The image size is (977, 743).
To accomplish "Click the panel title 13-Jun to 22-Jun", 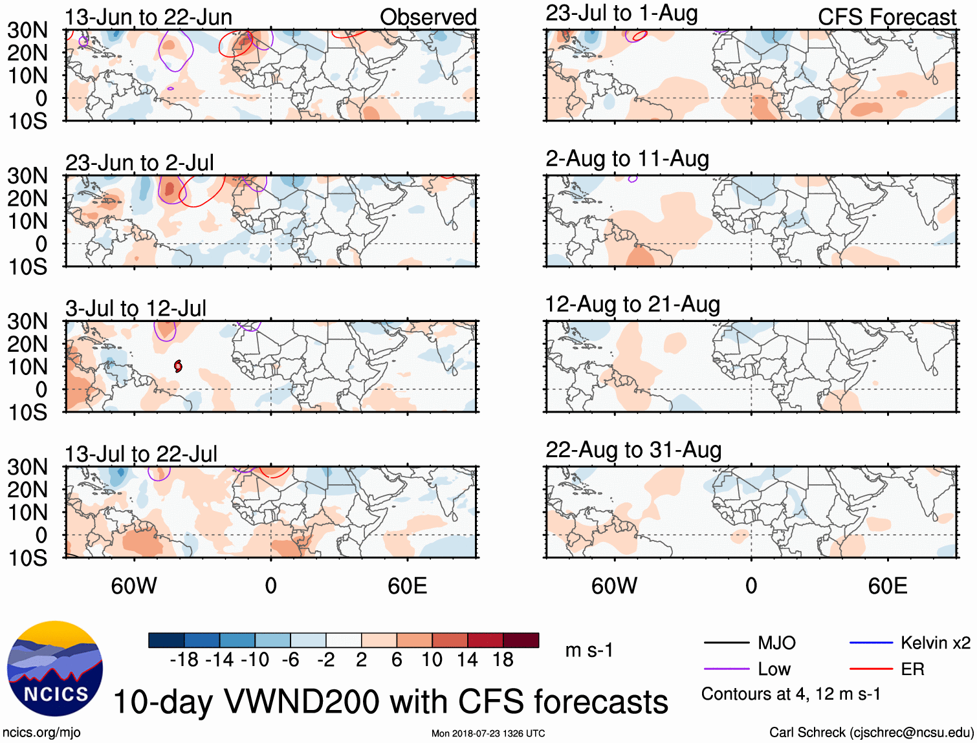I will tap(148, 17).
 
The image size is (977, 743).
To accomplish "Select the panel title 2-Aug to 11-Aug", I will tap(627, 159).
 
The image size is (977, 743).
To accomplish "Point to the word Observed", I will tap(428, 17).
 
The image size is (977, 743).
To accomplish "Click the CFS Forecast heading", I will tap(886, 17).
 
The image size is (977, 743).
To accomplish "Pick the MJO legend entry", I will tap(776, 643).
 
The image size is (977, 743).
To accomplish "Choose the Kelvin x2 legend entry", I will tap(935, 643).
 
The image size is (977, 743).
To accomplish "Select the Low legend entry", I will tap(774, 669).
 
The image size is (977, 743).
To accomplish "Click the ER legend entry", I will tap(912, 669).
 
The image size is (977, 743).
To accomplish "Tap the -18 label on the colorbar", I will tap(184, 660).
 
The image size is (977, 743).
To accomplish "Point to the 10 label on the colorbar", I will tap(432, 660).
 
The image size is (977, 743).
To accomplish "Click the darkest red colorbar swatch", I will tap(521, 640).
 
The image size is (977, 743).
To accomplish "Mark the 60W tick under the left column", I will tap(134, 586).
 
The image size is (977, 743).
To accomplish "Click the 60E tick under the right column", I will tap(887, 586).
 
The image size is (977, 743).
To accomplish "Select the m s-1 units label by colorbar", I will tap(589, 651).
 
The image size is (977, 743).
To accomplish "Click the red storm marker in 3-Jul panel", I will tap(178, 367).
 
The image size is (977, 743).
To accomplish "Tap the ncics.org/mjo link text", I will tap(41, 733).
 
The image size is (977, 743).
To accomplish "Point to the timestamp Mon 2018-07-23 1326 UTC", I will tap(488, 733).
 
